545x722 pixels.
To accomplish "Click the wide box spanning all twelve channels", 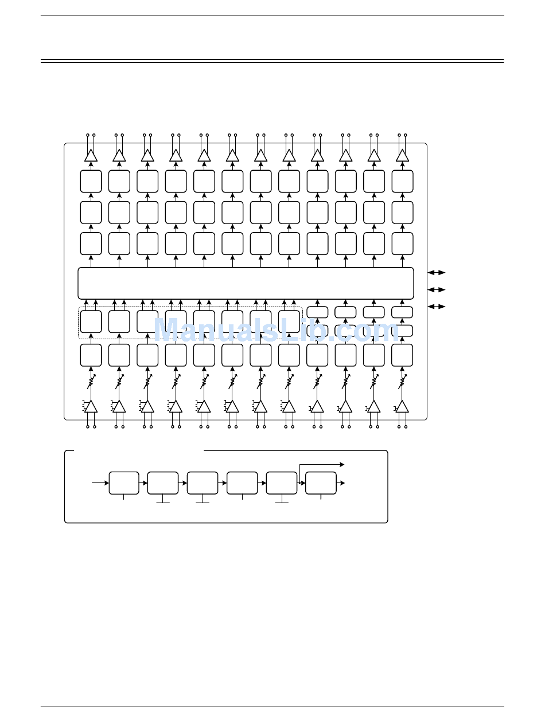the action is click(x=246, y=283).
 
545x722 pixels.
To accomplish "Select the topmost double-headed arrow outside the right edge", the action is click(x=437, y=273).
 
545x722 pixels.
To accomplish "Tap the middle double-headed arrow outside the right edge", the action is click(x=437, y=290).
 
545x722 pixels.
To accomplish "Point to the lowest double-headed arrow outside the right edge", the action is click(x=437, y=307).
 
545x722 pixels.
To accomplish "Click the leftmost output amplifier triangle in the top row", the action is click(x=91, y=156).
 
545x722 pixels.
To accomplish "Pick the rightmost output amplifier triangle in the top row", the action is click(x=402, y=156).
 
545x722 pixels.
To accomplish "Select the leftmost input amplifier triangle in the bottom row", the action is click(x=91, y=407).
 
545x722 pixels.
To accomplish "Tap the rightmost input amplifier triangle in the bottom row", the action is click(x=402, y=407).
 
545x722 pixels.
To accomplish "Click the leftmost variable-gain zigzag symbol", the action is click(x=91, y=381).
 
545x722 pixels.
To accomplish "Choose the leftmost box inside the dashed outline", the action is click(x=91, y=321).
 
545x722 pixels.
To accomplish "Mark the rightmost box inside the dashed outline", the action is click(x=289, y=321).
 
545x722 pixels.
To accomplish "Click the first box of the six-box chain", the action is click(x=124, y=483).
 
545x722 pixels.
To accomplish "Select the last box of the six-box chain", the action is click(x=321, y=483).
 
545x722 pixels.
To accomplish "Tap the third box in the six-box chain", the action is click(x=203, y=483).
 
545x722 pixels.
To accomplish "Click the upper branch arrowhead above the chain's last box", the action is click(x=341, y=465).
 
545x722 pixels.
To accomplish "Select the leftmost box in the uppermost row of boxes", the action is click(x=91, y=181).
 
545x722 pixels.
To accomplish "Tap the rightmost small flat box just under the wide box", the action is click(x=402, y=312).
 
